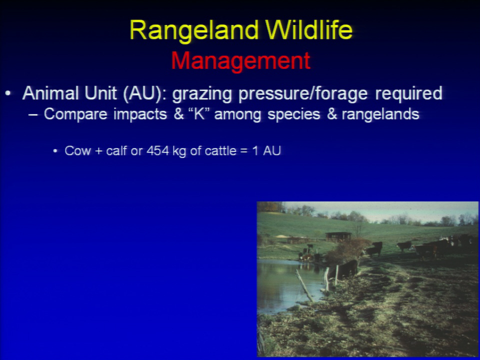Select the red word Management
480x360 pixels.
241,61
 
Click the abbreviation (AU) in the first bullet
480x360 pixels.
144,93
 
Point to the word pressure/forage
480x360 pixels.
303,94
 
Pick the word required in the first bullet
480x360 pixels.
408,93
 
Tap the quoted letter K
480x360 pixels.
199,114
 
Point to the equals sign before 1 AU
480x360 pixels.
243,151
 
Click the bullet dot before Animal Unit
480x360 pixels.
8,93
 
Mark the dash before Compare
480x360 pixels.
33,115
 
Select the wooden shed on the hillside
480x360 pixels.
338,236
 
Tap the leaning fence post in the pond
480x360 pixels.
304,286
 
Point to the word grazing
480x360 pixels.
201,94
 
